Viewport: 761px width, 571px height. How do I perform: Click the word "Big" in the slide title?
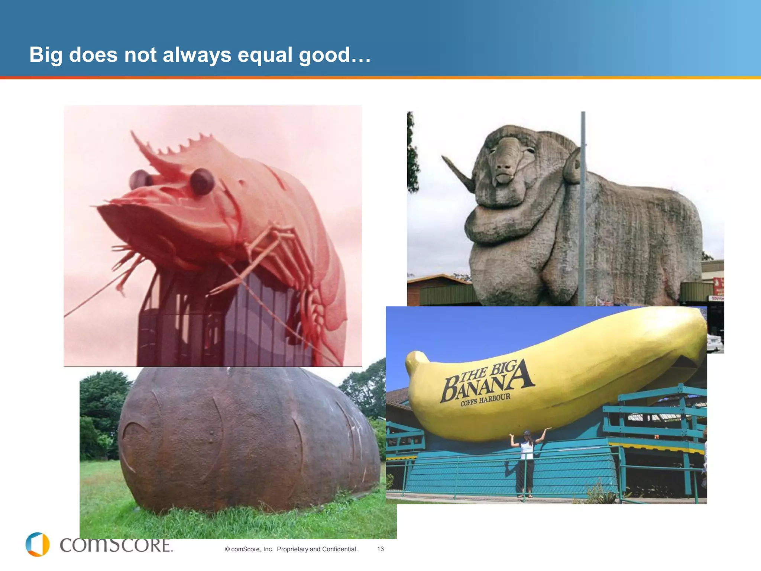coord(45,55)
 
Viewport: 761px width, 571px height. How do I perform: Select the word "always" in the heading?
coord(197,55)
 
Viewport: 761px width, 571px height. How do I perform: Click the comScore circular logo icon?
coord(38,545)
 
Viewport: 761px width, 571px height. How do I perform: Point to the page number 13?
coord(380,549)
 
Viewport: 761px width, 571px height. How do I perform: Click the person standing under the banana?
coord(527,461)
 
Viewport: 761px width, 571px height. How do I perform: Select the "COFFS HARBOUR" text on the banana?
coord(485,400)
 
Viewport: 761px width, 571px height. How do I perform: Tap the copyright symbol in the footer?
coord(227,549)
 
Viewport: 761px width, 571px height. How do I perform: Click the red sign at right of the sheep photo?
coord(718,286)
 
